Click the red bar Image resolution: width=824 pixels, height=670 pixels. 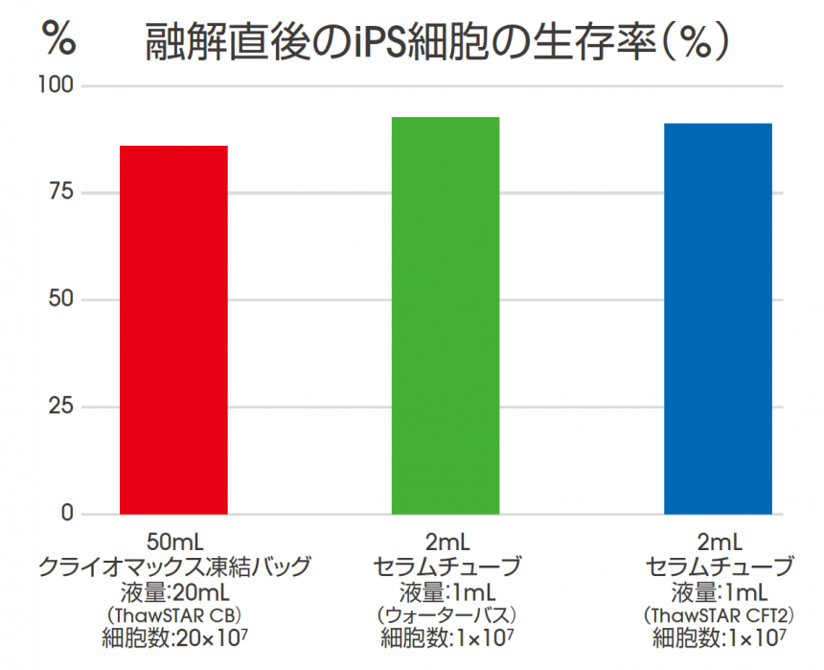coord(173,330)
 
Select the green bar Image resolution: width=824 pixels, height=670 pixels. coord(446,315)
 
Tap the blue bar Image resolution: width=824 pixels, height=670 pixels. coord(718,318)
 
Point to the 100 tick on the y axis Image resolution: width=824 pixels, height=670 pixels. coord(59,86)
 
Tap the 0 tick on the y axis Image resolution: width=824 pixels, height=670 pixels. coord(67,514)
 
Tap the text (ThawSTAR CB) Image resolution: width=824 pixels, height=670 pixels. coord(174,613)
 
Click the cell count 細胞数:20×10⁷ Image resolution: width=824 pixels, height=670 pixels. coord(174,636)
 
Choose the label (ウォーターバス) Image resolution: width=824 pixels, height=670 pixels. coord(446,613)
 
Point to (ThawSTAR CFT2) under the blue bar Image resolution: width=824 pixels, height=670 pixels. coord(720,613)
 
